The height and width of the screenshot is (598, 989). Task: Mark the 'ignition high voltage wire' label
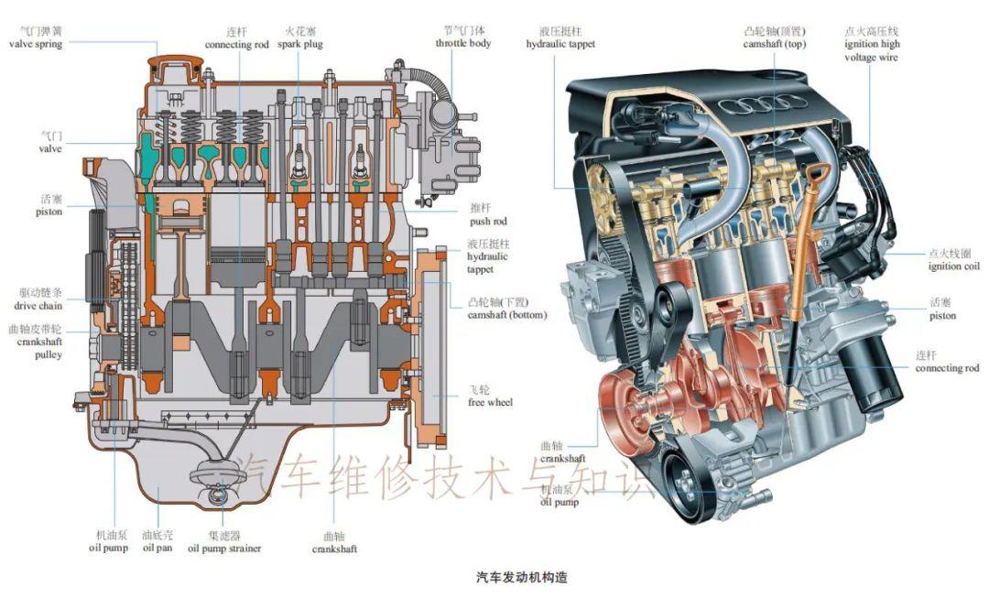(872, 44)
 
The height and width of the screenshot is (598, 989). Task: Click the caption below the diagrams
(522, 577)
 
